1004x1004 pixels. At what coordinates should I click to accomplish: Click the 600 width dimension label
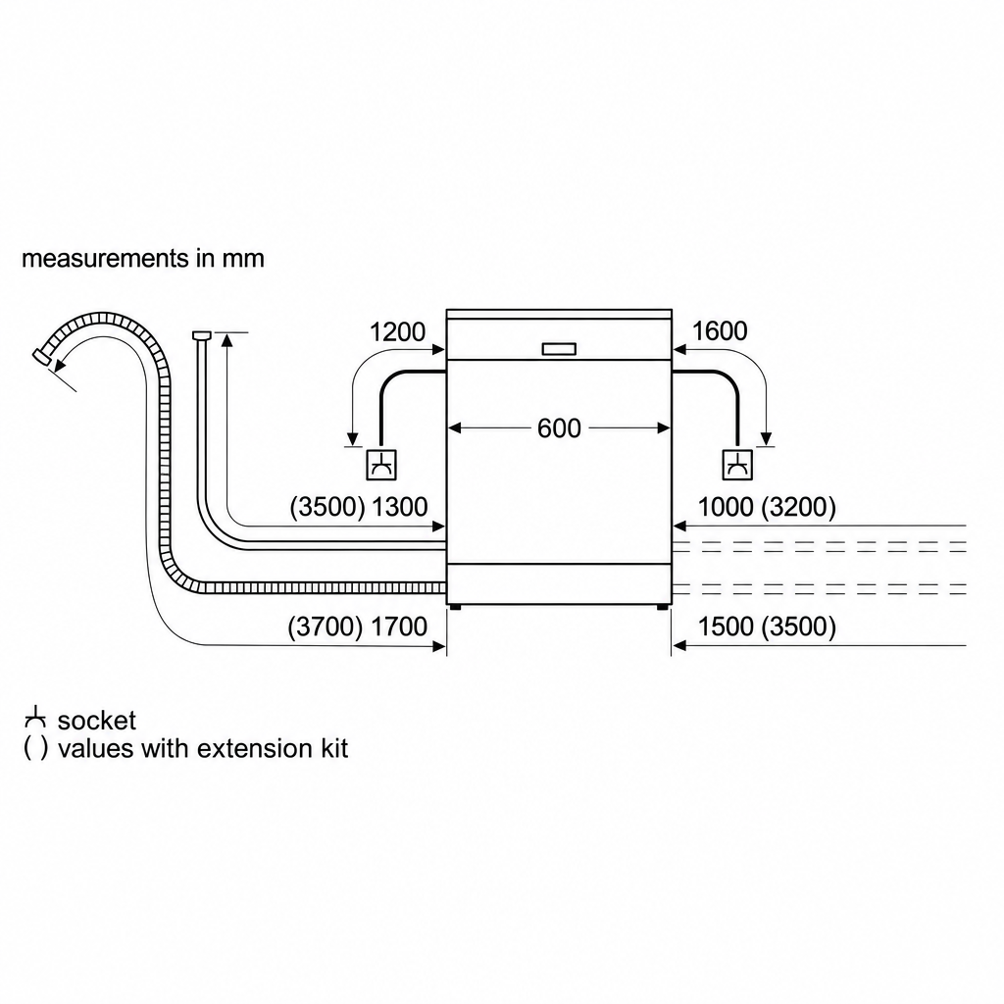click(559, 428)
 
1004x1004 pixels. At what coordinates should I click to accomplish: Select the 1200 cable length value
click(397, 331)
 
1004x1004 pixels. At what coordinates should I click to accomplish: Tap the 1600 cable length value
click(719, 331)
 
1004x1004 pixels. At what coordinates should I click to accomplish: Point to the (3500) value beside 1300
click(327, 507)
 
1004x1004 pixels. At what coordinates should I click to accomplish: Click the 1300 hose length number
click(400, 507)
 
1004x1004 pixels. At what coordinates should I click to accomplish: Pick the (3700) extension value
click(326, 627)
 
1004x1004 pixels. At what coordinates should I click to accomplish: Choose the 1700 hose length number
click(399, 627)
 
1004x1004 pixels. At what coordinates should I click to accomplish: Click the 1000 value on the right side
click(725, 507)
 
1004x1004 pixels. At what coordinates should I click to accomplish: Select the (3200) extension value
click(798, 507)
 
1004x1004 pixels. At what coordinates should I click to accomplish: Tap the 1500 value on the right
click(725, 627)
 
